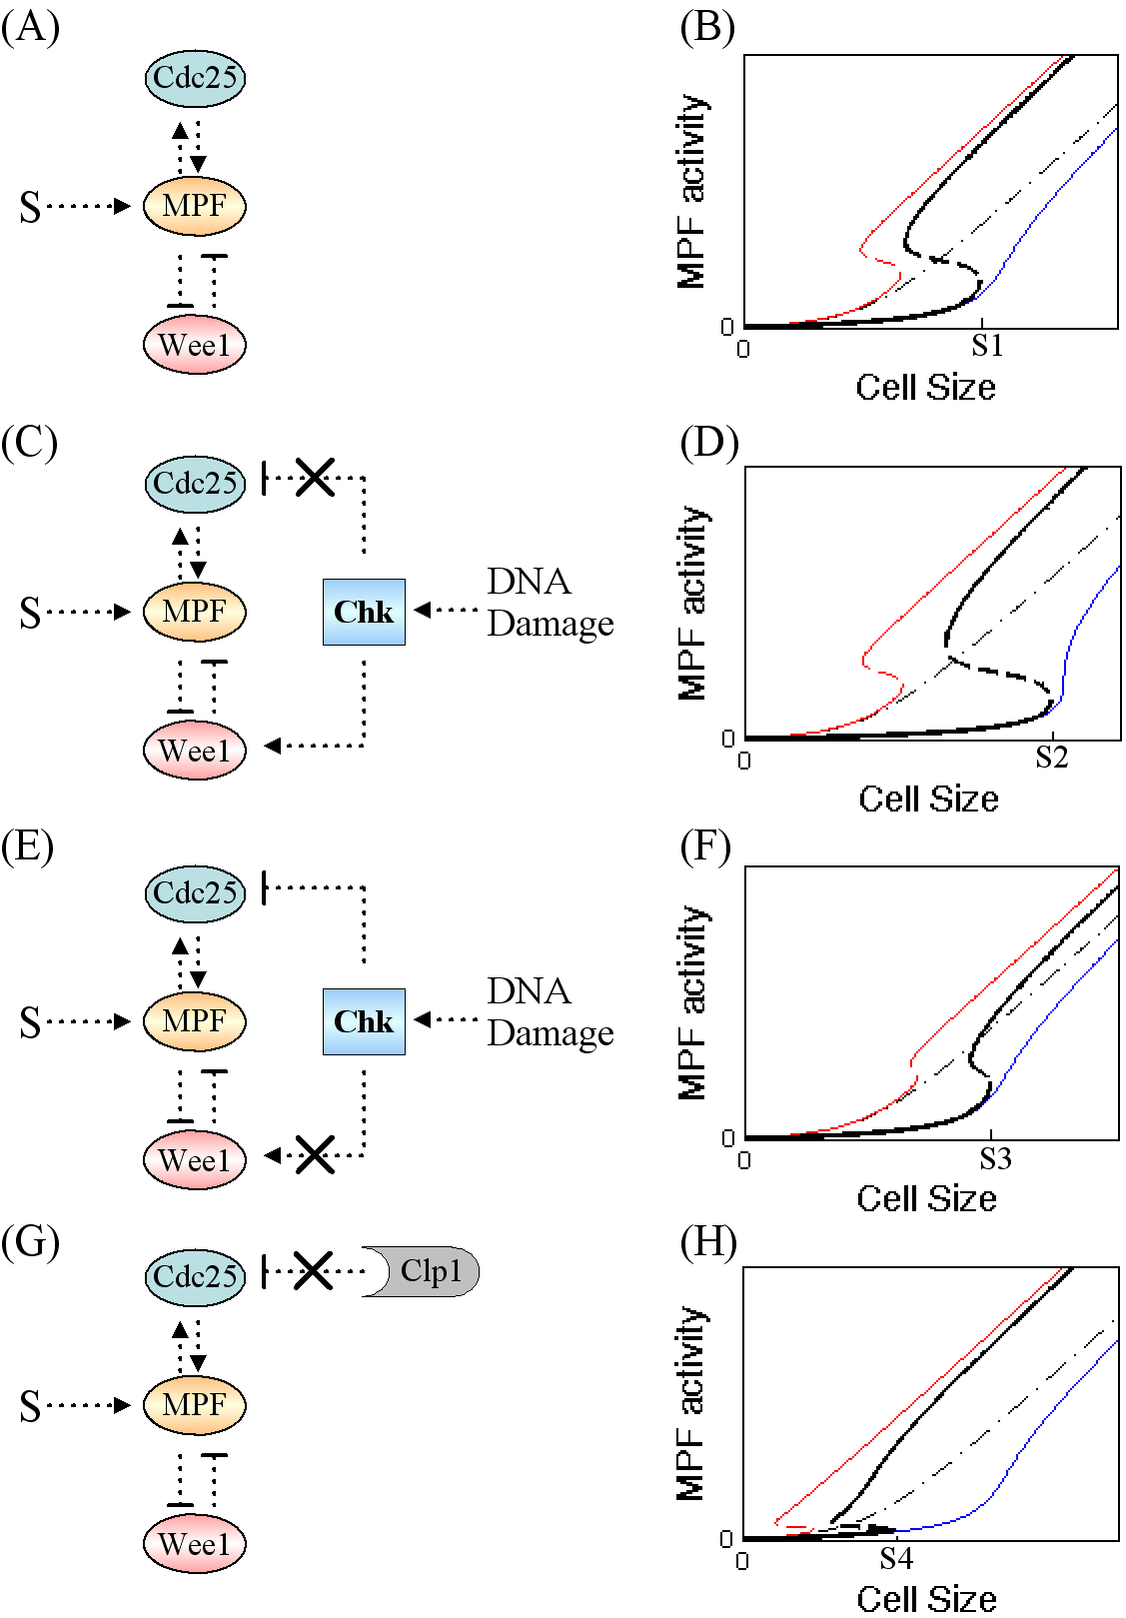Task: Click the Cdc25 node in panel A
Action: [x=195, y=78]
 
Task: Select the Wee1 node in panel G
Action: [x=195, y=1544]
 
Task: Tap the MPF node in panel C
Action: [x=195, y=612]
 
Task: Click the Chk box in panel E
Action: [x=364, y=1021]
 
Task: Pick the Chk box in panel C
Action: [x=364, y=612]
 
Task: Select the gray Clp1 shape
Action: [x=425, y=1271]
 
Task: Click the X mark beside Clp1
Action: [x=313, y=1271]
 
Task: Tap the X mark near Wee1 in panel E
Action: [x=315, y=1155]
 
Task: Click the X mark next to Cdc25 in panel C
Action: [x=315, y=477]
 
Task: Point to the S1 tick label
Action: [x=987, y=346]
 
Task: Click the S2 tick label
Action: [x=1051, y=758]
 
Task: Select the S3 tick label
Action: [x=995, y=1158]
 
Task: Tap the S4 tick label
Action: [x=896, y=1558]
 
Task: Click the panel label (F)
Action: [x=706, y=846]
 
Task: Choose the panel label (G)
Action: [x=30, y=1242]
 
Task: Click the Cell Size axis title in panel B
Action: [x=925, y=387]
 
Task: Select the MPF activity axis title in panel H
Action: [x=691, y=1403]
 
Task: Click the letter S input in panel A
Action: [x=31, y=207]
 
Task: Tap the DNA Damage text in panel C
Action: [x=550, y=602]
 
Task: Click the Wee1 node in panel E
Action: [x=195, y=1160]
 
